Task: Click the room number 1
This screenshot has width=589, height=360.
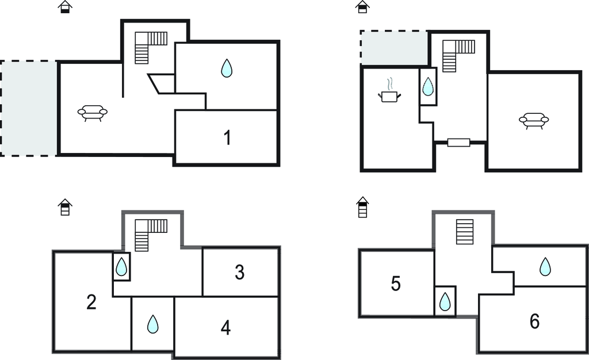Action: [x=228, y=138]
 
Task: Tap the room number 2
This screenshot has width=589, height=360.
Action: [x=91, y=302]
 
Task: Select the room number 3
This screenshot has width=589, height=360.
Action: [x=240, y=273]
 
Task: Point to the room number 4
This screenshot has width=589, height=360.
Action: [x=226, y=328]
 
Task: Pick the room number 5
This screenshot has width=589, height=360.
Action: [x=396, y=284]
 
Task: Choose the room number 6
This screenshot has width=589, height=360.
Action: [x=534, y=321]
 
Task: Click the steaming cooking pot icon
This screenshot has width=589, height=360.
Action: [x=389, y=93]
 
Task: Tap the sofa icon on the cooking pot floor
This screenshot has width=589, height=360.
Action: [x=533, y=120]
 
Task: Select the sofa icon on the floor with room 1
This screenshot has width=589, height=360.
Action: [x=93, y=112]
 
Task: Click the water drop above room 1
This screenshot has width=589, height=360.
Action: [x=228, y=68]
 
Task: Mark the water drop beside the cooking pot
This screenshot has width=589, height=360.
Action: [x=428, y=87]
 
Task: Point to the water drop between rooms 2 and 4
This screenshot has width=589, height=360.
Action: [x=152, y=324]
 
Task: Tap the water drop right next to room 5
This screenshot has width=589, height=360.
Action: [x=445, y=301]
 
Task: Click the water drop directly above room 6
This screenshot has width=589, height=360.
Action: [x=545, y=266]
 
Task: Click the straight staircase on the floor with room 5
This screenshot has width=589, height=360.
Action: [x=464, y=232]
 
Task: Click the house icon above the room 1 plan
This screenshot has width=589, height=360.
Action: [x=66, y=7]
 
